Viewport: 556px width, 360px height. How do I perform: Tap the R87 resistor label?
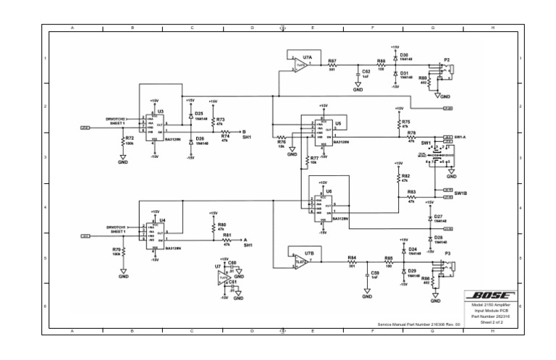point(332,62)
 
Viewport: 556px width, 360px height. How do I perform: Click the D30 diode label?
point(404,55)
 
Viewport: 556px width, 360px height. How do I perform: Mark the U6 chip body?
point(321,207)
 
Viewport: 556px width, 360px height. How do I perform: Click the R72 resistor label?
point(130,138)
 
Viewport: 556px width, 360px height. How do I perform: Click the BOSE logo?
point(490,296)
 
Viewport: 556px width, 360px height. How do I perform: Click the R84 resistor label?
point(352,257)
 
